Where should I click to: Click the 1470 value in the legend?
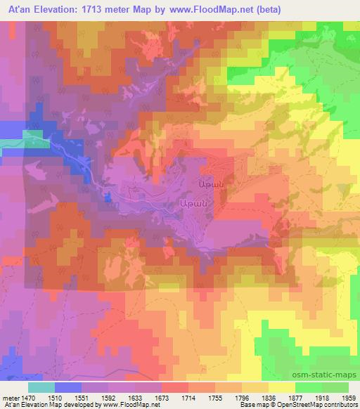pos(27,397)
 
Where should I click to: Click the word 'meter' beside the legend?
pos(11,397)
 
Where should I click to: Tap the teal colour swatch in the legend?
pos(41,387)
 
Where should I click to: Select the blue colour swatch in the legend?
pos(67,387)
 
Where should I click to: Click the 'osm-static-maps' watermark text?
pos(330,374)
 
